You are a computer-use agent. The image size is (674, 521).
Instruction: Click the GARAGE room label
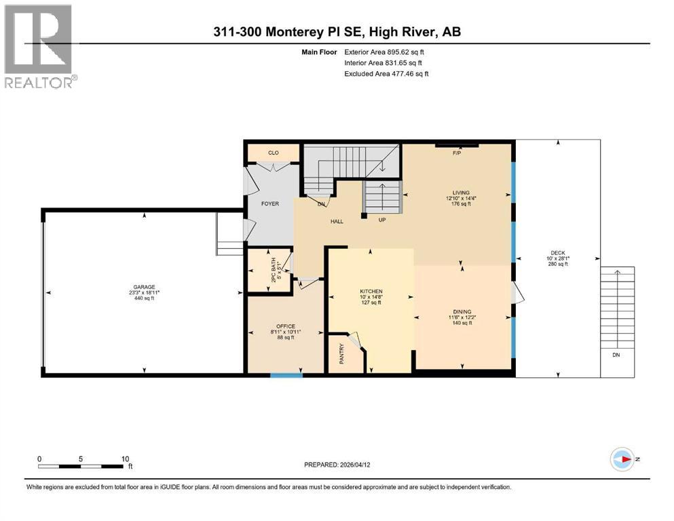click(144, 287)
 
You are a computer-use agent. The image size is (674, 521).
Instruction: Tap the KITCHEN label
click(371, 291)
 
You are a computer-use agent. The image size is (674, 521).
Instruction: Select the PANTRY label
click(341, 354)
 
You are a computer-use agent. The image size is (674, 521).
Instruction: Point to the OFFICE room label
click(286, 326)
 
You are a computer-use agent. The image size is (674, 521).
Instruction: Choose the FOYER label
click(270, 204)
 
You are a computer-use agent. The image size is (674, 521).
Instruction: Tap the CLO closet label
click(274, 153)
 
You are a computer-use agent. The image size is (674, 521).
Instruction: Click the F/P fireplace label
click(457, 153)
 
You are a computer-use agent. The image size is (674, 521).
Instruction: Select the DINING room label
click(462, 312)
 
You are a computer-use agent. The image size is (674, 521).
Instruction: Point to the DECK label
click(558, 253)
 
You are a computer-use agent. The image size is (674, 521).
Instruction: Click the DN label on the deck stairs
click(616, 355)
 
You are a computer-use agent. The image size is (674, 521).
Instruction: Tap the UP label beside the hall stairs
click(382, 220)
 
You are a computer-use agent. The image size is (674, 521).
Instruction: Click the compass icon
click(622, 459)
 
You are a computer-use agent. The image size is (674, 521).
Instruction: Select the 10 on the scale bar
click(125, 459)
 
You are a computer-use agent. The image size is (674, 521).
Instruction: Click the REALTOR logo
click(40, 46)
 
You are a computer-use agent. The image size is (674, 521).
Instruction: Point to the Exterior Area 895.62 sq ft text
click(384, 52)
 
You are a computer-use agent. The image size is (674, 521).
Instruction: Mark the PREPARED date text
click(337, 465)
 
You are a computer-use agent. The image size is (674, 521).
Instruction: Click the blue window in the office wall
click(286, 375)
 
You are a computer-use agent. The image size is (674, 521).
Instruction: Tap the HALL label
click(337, 222)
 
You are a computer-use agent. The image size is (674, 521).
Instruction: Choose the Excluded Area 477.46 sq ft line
click(386, 74)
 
